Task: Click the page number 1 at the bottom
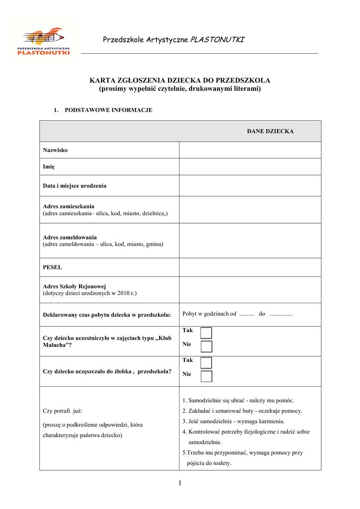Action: [180, 483]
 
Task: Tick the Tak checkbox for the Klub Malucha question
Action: [206, 333]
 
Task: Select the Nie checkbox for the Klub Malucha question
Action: [206, 346]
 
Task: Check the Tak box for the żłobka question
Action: [206, 362]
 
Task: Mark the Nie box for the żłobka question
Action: [206, 376]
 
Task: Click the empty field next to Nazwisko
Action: [250, 150]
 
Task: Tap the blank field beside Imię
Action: [250, 167]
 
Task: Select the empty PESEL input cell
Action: [250, 267]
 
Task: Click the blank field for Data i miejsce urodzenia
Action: [250, 186]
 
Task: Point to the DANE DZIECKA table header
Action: [270, 131]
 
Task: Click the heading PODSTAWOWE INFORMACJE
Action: [108, 110]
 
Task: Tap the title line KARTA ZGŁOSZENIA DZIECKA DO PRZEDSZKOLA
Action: [180, 81]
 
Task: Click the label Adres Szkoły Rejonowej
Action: [75, 286]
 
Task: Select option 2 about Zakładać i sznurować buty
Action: [242, 411]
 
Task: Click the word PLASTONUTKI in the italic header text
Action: [217, 39]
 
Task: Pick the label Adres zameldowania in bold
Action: [70, 237]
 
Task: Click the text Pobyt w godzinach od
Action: [209, 314]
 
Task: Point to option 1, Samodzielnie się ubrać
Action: [238, 400]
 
